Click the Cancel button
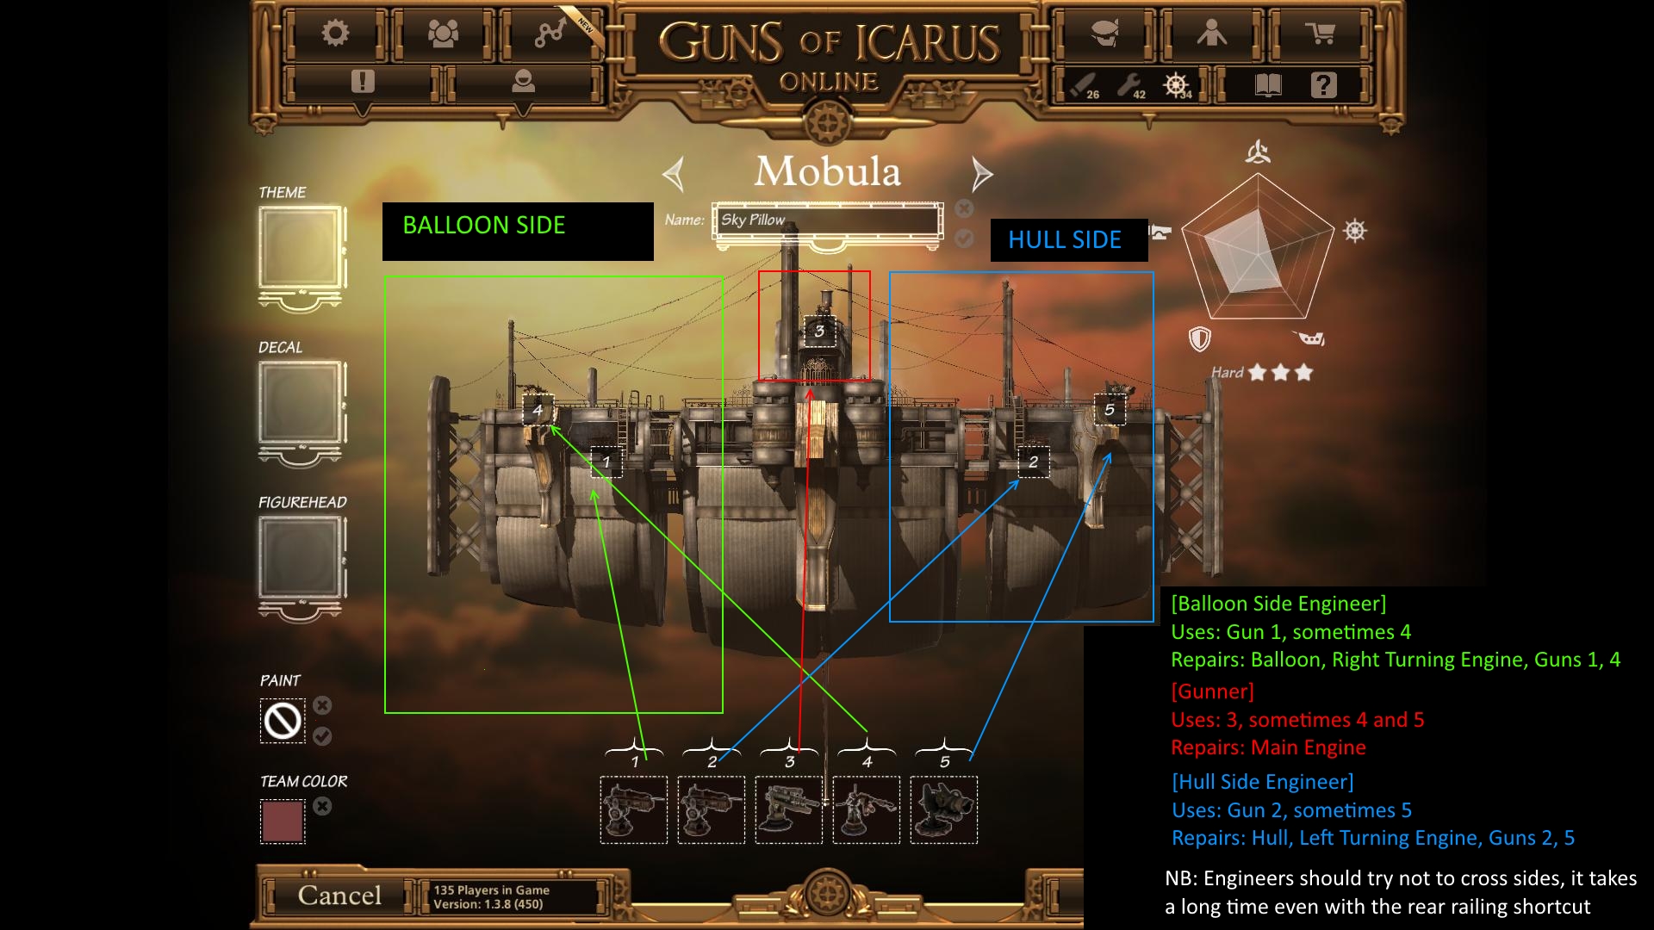339,896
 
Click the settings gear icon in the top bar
335,34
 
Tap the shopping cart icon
1320,34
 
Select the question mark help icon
1323,84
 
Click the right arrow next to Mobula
981,174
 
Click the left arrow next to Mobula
674,174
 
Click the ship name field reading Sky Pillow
828,220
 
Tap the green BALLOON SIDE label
484,226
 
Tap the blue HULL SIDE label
1065,240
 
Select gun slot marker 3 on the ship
819,331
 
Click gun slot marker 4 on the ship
538,410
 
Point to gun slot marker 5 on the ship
1110,410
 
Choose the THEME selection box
301,249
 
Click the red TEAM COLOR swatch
283,821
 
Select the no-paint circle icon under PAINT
283,721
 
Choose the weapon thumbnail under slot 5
944,810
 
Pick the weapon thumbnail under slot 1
634,810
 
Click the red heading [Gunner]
1212,691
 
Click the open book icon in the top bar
1269,84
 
